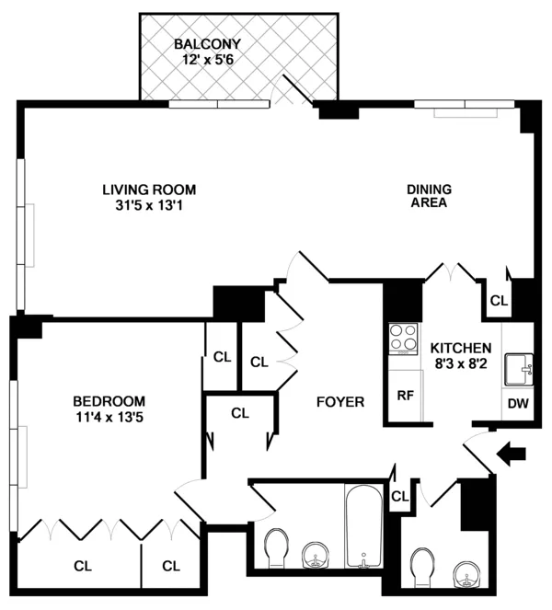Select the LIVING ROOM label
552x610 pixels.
149,190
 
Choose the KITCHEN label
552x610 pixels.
461,349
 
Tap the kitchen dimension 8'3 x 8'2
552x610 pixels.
461,364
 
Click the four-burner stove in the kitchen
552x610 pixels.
403,338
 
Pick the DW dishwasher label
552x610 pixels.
516,402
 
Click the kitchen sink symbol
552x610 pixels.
518,369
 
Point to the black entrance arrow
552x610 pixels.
513,452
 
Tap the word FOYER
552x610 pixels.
340,402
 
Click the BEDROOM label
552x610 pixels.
109,400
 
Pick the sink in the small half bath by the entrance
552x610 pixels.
469,575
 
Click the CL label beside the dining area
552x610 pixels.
499,300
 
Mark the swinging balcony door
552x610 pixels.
297,92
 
